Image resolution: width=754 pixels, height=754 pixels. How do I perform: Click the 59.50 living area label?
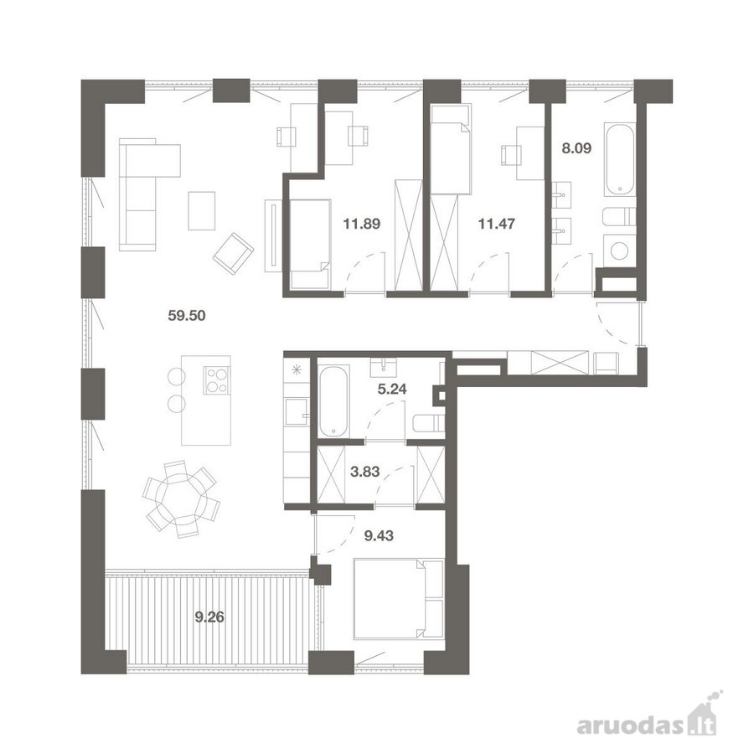(187, 316)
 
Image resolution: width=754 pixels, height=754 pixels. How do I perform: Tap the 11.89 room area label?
(362, 224)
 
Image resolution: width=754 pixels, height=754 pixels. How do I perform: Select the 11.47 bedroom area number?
(497, 224)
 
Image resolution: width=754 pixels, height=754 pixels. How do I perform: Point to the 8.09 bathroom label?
(576, 148)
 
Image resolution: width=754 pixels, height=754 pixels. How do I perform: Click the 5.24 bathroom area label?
(392, 389)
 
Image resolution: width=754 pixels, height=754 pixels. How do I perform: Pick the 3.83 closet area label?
(365, 472)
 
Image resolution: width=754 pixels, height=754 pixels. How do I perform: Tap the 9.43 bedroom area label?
(379, 535)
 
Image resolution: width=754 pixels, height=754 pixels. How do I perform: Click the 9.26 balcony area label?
(209, 617)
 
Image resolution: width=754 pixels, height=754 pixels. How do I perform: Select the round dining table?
(181, 499)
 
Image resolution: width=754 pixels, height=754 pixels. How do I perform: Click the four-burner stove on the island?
(217, 380)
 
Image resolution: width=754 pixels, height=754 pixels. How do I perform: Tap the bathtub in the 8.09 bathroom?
(620, 160)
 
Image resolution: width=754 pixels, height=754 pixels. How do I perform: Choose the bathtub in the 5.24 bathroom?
(333, 401)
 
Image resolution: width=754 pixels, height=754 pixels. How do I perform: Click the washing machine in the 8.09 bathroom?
(621, 250)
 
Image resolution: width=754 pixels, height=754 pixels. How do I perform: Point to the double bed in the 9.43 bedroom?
(398, 599)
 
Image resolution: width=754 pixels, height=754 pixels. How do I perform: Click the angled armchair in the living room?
(233, 253)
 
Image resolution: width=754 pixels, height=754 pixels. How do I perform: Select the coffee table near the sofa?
(201, 210)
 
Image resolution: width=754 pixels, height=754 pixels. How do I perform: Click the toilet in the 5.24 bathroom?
(428, 424)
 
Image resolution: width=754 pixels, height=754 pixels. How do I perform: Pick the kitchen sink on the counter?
(297, 412)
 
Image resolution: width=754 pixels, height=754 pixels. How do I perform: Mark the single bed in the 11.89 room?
(310, 245)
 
